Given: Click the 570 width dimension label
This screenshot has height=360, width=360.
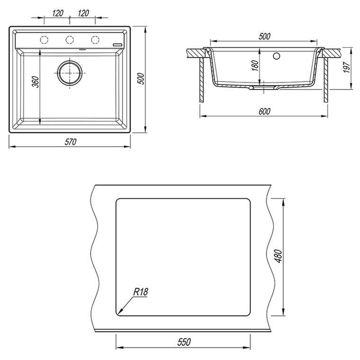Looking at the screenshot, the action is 70,142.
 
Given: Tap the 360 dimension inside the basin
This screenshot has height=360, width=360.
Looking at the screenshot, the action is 36,82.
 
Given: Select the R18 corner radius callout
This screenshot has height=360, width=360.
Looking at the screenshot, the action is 141,292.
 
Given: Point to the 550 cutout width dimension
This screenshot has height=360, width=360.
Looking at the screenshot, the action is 184,342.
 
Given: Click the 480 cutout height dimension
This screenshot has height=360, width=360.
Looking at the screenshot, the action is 278,256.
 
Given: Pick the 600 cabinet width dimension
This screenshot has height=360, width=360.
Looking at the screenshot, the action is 264,111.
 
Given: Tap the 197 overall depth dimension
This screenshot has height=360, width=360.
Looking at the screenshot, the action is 347,67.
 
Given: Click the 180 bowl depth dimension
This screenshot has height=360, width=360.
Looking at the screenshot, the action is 255,65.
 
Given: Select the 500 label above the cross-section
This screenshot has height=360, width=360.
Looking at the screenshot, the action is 264,36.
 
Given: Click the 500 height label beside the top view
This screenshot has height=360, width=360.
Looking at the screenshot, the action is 142,79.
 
